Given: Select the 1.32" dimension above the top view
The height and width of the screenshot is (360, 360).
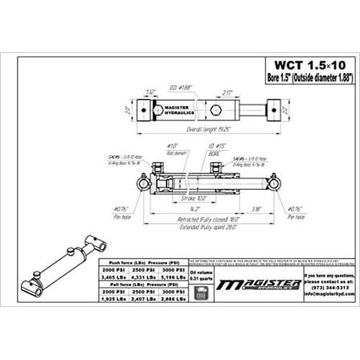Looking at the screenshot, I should pyautogui.click(x=151, y=92).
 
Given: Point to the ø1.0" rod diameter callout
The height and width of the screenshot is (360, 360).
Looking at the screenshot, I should pyautogui.click(x=172, y=148).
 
